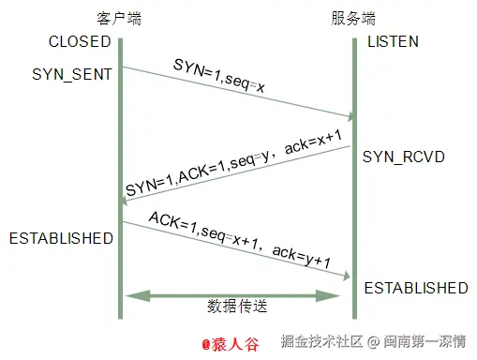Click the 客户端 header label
click(x=119, y=18)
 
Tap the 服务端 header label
click(x=352, y=18)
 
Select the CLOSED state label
click(x=81, y=42)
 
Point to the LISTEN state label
click(x=393, y=42)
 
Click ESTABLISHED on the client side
click(x=61, y=238)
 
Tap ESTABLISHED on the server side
click(x=415, y=287)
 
